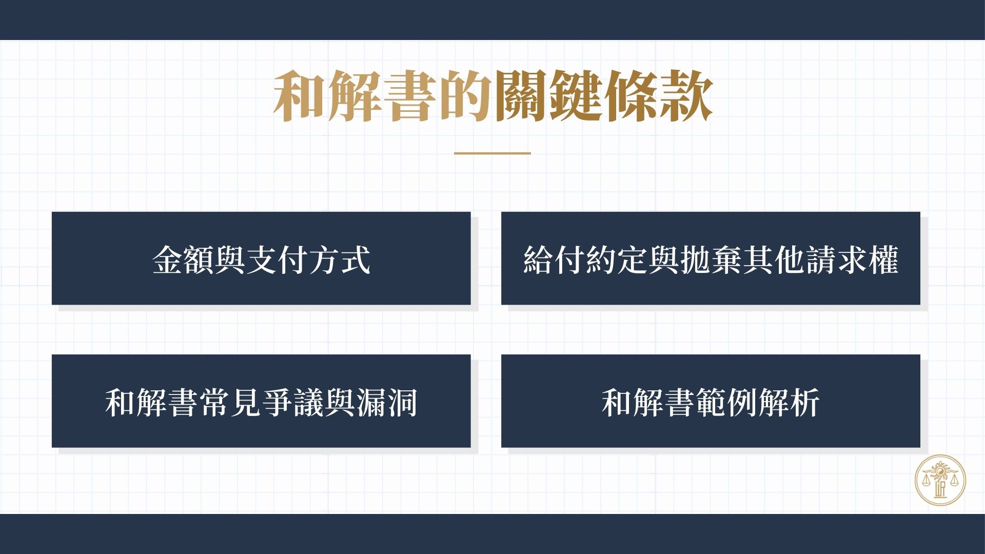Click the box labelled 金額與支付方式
[x=261, y=259]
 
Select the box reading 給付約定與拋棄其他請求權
[x=711, y=259]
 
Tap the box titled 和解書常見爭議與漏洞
[x=261, y=401]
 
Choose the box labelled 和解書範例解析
[x=711, y=401]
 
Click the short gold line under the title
[x=493, y=153]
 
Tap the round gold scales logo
[x=940, y=481]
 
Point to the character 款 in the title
[x=686, y=96]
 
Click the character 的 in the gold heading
[x=465, y=96]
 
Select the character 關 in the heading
[x=520, y=96]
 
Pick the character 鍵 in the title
[x=575, y=96]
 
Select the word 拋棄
[x=711, y=260]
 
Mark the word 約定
[x=617, y=260]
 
